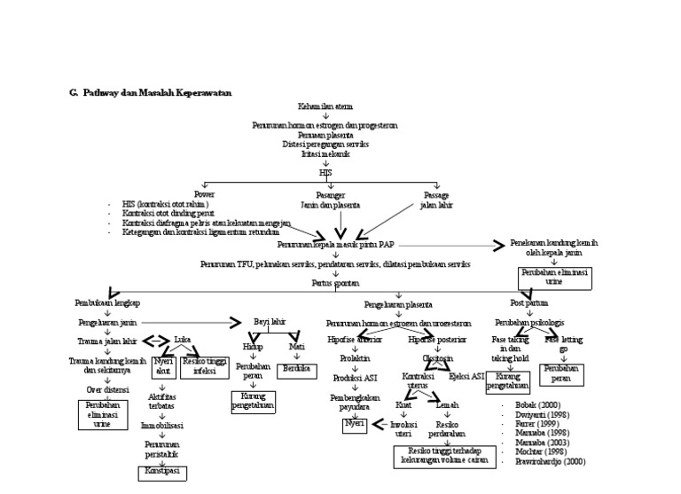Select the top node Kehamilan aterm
tap(325, 106)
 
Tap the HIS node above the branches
tap(325, 172)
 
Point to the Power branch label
tap(205, 194)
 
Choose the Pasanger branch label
tap(330, 194)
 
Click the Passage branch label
tap(435, 194)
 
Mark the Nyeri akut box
tap(162, 366)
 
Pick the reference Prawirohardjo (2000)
tap(550, 462)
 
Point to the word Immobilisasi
tap(161, 426)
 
